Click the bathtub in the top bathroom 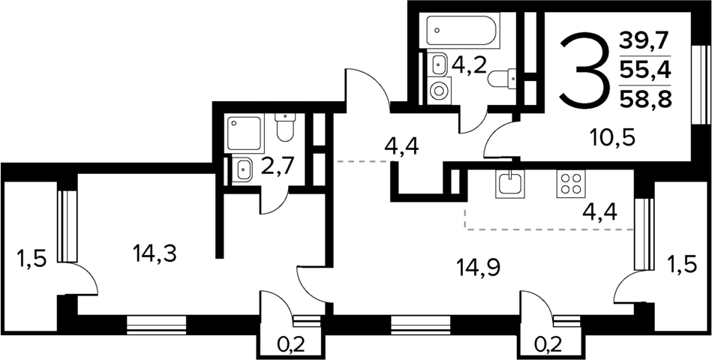(463, 29)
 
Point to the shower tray (245, 133)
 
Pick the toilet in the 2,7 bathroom (285, 127)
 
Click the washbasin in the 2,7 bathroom (243, 169)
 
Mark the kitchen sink (511, 184)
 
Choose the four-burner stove (571, 184)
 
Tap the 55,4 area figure (644, 70)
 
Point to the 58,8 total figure (644, 97)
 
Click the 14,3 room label (155, 253)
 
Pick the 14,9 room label (479, 268)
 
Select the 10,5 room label (612, 136)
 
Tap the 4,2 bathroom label (469, 67)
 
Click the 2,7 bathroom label (278, 166)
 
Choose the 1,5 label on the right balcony (681, 264)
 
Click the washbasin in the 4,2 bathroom (438, 64)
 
